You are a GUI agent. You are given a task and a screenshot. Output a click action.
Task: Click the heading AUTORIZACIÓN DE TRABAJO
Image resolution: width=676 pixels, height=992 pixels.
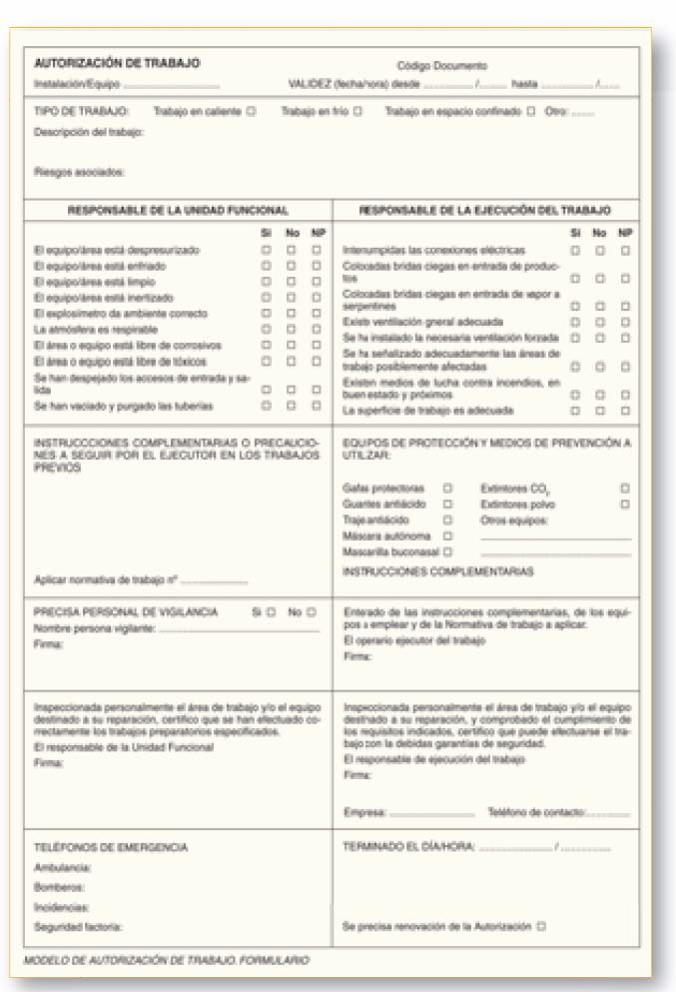pyautogui.click(x=117, y=62)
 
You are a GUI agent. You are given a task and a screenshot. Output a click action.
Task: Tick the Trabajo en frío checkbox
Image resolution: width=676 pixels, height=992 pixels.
pyautogui.click(x=357, y=112)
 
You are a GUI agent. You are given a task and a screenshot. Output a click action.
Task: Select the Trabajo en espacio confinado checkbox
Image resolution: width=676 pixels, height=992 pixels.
pyautogui.click(x=530, y=112)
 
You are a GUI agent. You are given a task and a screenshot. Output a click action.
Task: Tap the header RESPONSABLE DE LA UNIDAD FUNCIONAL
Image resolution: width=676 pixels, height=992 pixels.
pyautogui.click(x=178, y=211)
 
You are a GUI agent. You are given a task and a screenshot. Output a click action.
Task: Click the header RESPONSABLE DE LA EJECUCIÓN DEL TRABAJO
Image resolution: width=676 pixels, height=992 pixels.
pyautogui.click(x=484, y=211)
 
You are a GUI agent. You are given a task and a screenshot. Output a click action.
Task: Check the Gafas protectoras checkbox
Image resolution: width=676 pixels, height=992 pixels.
pyautogui.click(x=447, y=489)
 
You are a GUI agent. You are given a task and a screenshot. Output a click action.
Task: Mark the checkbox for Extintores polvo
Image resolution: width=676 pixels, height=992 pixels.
pyautogui.click(x=625, y=504)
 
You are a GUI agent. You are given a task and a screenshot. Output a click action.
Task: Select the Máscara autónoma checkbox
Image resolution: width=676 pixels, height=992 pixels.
pyautogui.click(x=447, y=535)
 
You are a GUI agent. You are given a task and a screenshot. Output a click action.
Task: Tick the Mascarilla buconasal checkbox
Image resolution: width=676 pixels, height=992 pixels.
pyautogui.click(x=447, y=551)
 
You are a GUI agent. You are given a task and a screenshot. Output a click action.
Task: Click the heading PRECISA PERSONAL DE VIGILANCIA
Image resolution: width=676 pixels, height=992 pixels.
pyautogui.click(x=126, y=611)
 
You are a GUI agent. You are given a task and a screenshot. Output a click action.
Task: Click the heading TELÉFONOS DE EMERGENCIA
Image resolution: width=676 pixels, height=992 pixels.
pyautogui.click(x=111, y=847)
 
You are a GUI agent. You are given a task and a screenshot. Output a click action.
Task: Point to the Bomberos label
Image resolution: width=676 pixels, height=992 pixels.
pyautogui.click(x=59, y=886)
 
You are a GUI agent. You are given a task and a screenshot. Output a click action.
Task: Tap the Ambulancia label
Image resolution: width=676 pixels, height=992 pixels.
pyautogui.click(x=63, y=867)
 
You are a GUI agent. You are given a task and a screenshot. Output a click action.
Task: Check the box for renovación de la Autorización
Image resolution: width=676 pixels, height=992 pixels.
pyautogui.click(x=540, y=926)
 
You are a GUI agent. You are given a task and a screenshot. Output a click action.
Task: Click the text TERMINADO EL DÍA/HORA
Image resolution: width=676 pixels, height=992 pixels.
pyautogui.click(x=409, y=847)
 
